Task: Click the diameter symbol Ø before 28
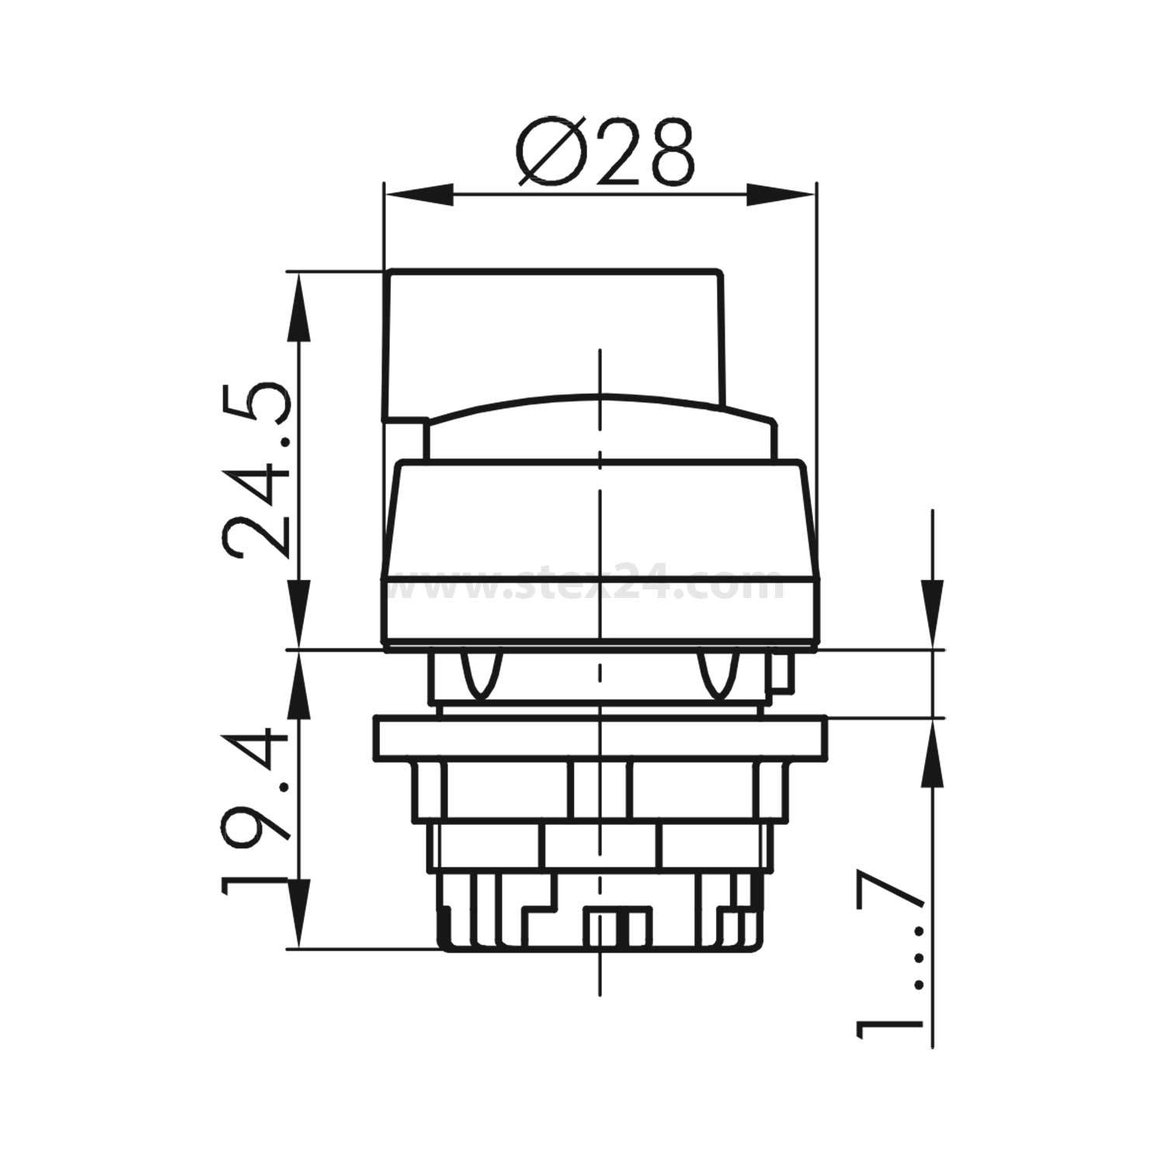(x=551, y=154)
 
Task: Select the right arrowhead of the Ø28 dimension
(x=781, y=195)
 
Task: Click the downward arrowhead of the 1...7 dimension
(x=932, y=614)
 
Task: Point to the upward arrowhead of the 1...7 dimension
(x=932, y=753)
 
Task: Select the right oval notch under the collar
(x=717, y=673)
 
